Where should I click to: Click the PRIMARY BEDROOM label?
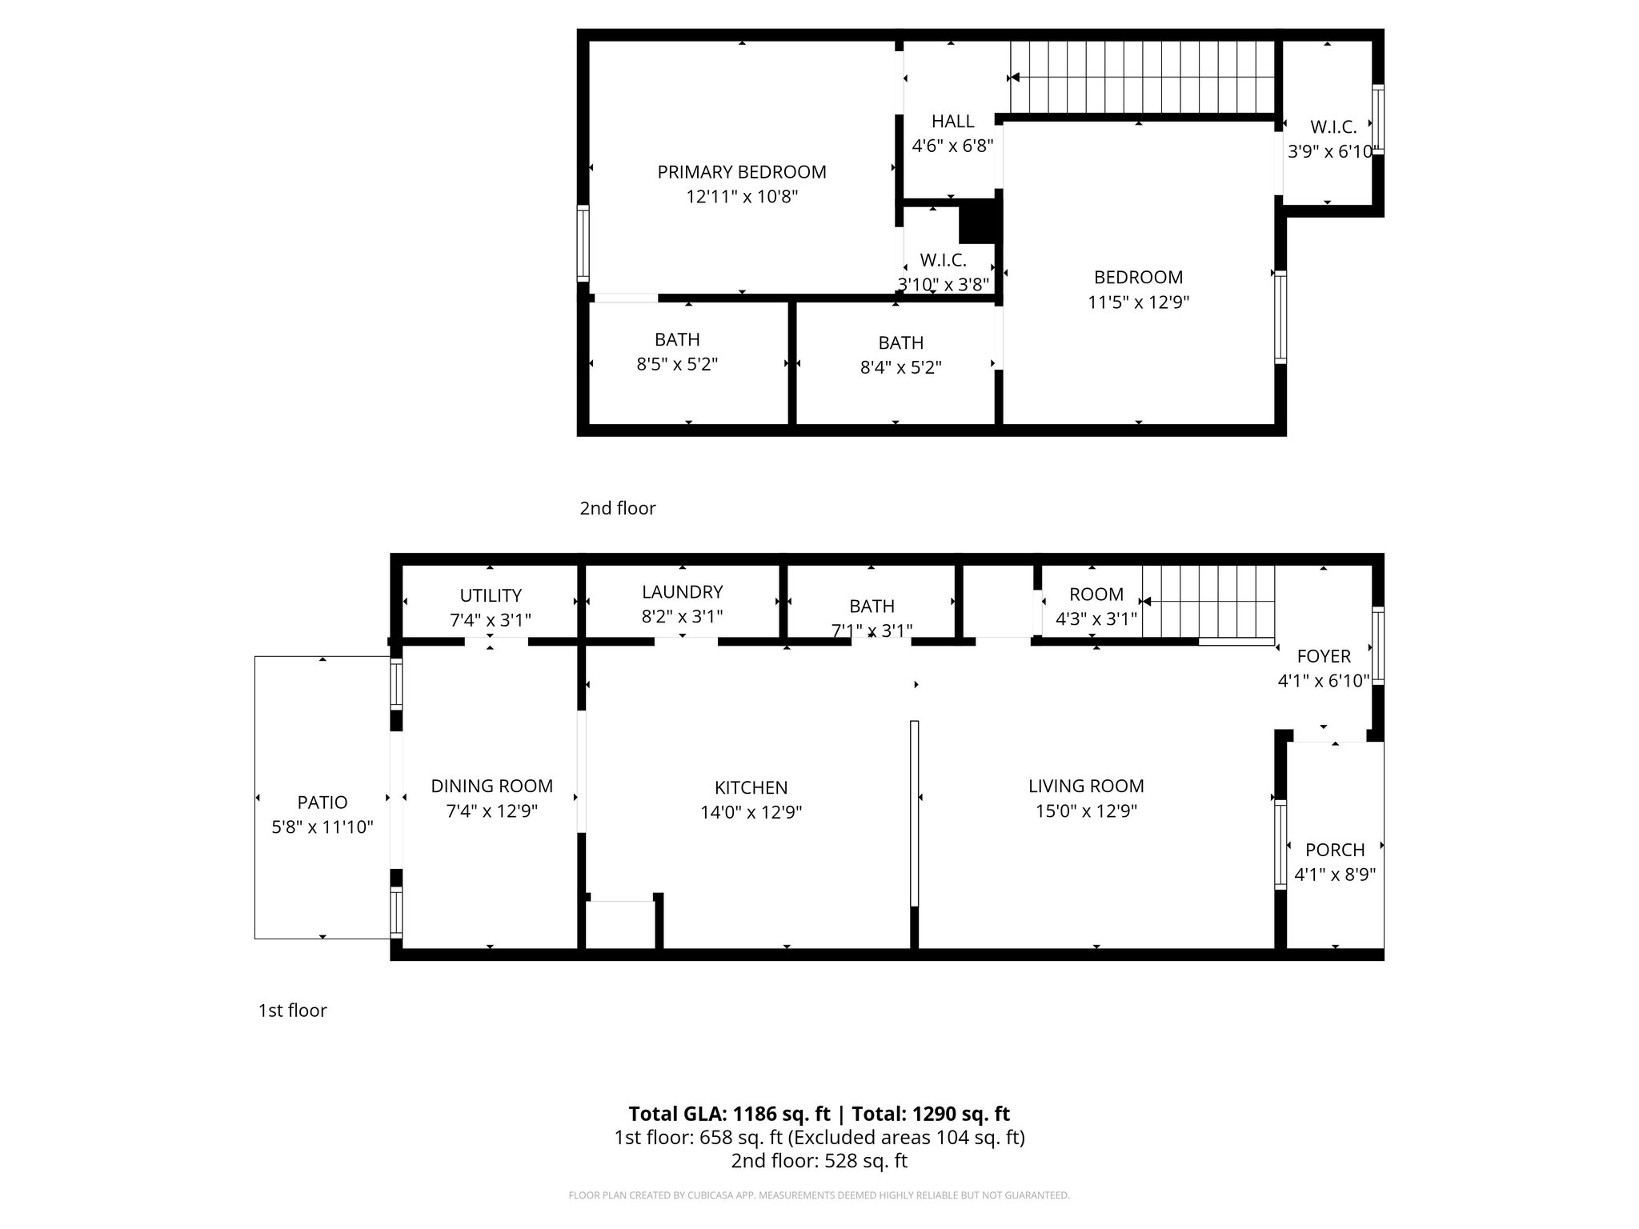741,172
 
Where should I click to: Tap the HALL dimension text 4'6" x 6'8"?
952,146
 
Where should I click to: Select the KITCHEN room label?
751,787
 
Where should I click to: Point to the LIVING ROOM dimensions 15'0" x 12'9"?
1086,811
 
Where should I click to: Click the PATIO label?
322,802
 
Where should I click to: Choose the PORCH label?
1334,850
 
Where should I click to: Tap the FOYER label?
1323,656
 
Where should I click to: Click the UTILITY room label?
490,595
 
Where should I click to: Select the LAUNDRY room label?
682,591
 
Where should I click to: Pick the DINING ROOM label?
491,786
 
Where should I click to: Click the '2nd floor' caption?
617,508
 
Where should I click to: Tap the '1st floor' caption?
292,1011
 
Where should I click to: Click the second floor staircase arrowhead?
1014,78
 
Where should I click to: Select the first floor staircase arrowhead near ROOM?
1146,602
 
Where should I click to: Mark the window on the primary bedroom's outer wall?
583,243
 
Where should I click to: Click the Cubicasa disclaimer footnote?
818,1195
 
